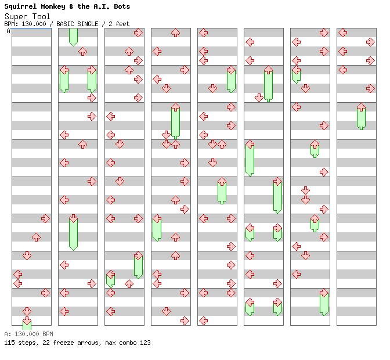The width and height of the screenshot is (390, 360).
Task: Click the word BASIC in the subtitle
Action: [x=65, y=24]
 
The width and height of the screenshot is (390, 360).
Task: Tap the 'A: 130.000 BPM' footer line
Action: [x=28, y=334]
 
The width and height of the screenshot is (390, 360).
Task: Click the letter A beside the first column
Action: [x=8, y=31]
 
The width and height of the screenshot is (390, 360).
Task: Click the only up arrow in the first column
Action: [x=37, y=237]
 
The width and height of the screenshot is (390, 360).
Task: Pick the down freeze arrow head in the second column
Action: [x=73, y=219]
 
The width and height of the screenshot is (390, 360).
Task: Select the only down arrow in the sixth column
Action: [x=259, y=98]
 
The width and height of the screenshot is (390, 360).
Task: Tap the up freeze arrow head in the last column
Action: [x=361, y=107]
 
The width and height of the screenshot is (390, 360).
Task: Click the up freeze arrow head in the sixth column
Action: [x=268, y=70]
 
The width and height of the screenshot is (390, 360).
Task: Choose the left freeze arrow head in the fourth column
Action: [x=157, y=219]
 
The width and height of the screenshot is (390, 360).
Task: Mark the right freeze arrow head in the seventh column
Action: [x=324, y=293]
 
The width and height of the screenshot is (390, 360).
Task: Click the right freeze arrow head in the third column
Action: [x=138, y=255]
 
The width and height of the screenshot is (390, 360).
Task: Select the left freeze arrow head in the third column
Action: [x=110, y=275]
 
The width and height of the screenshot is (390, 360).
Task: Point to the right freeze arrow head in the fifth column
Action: [x=231, y=70]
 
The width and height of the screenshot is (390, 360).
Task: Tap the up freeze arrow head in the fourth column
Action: [x=175, y=107]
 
